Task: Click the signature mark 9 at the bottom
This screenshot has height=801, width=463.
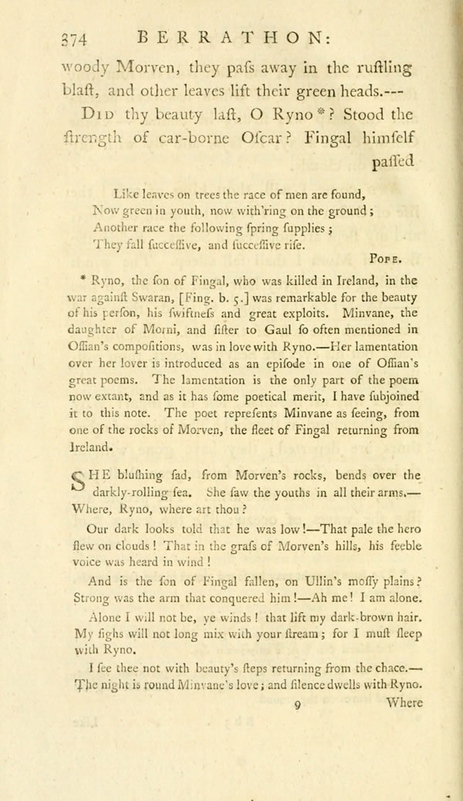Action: point(297,704)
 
